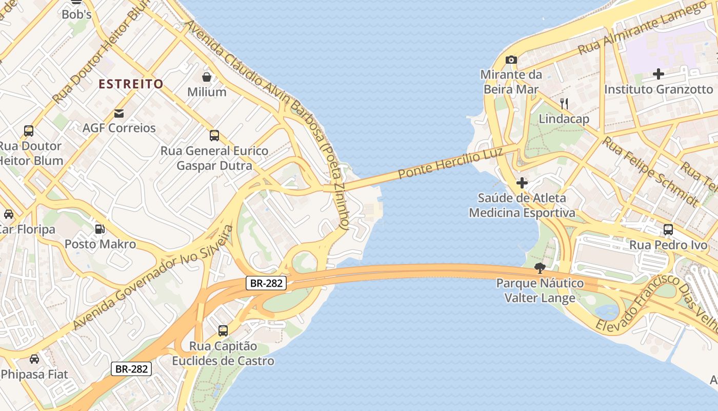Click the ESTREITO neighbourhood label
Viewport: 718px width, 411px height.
[x=131, y=84]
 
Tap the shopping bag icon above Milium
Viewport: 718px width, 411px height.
[x=207, y=77]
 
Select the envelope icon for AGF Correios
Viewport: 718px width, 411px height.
[x=119, y=113]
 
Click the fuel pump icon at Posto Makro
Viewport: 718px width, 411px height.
[x=100, y=229]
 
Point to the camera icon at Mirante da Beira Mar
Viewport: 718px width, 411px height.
[x=511, y=60]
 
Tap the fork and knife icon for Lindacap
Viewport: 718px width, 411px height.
[x=564, y=104]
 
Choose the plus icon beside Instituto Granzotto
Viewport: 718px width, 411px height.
[x=659, y=74]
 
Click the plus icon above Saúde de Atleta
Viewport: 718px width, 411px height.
[x=522, y=183]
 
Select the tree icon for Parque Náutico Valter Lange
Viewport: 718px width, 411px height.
[x=540, y=268]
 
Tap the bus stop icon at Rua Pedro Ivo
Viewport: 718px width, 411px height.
[x=668, y=230]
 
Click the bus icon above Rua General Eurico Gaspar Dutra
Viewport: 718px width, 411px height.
[x=214, y=136]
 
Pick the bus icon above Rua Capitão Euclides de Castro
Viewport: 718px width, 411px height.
[x=223, y=331]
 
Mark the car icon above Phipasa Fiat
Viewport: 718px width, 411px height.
[x=34, y=359]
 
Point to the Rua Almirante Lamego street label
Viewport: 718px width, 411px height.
[x=642, y=28]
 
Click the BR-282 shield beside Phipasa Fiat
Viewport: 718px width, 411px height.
[x=131, y=368]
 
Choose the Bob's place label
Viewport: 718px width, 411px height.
[x=76, y=14]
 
